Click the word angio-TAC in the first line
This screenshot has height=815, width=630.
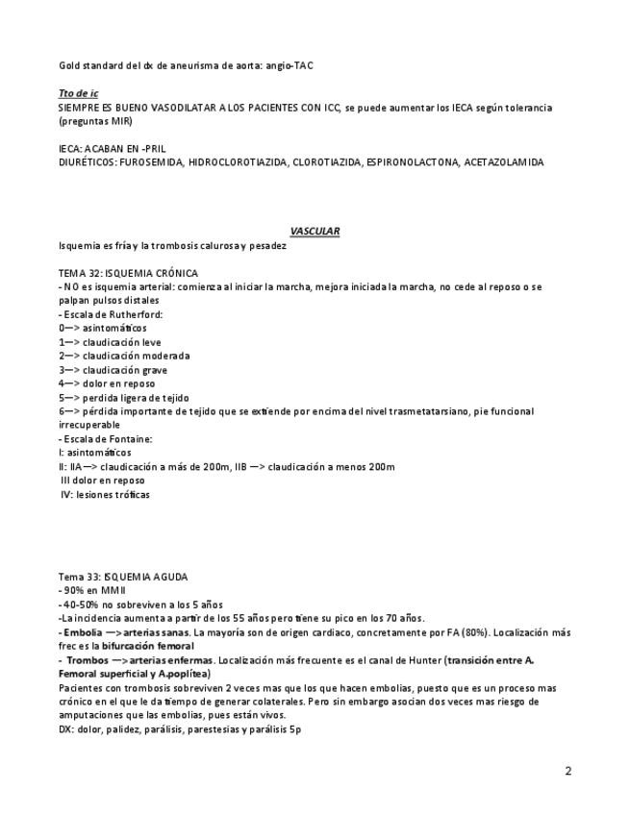coord(289,65)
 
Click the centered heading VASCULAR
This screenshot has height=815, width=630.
coord(315,231)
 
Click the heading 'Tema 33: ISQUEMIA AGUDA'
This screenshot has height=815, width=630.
coord(123,577)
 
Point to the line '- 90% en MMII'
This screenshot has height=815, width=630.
coord(85,591)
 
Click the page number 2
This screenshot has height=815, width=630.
coord(567,771)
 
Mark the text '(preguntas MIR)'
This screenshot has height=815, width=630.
coord(93,121)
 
